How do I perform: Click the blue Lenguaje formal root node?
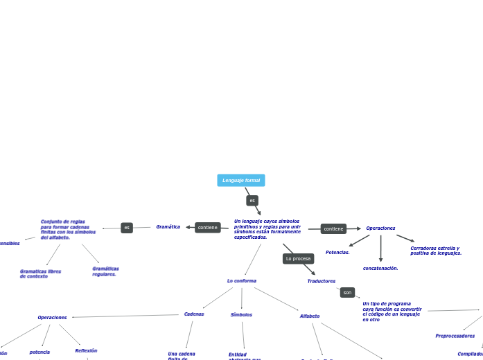pos(241,181)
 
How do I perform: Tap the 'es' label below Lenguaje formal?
pos(252,200)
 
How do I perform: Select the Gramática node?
pos(168,227)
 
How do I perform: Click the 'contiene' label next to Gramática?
pos(208,227)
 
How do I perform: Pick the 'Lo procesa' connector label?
pos(298,258)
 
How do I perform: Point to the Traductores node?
pos(321,281)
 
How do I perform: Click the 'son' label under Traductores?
pos(347,292)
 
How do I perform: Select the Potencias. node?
pos(337,253)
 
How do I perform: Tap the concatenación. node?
pos(380,268)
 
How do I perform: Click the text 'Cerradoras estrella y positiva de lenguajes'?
pos(436,251)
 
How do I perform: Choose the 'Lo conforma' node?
pos(242,280)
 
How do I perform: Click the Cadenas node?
pos(194,314)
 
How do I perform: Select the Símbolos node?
pos(241,314)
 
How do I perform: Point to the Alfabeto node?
pos(310,316)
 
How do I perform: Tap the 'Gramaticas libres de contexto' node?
pos(40,273)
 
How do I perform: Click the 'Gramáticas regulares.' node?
pos(105,271)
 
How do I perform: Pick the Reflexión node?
pos(86,351)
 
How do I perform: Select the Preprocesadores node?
pos(455,336)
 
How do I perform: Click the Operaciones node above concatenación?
pos(380,228)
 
